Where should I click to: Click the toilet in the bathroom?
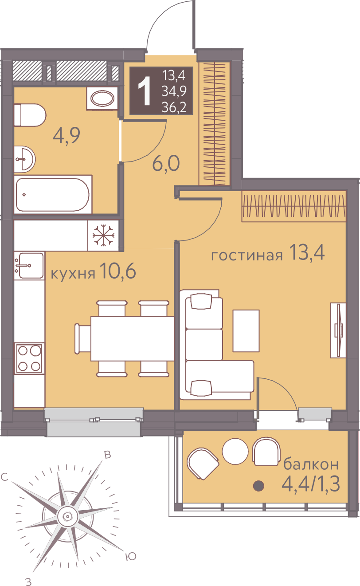coord(30,115)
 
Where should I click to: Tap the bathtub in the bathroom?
coord(53,195)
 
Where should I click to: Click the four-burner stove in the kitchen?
coord(29,358)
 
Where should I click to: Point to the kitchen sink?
coord(29,266)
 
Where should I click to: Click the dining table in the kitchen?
coord(132,338)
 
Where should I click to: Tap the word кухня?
coord(73,274)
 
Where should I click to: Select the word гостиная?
coord(247,255)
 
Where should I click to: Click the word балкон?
coord(311,471)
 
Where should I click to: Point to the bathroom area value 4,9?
coord(67,135)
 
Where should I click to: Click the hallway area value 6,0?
coord(166,164)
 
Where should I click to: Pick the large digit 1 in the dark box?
coord(144,91)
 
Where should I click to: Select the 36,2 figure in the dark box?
coord(174,107)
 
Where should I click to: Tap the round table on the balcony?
coord(235,451)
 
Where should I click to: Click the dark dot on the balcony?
coord(258,486)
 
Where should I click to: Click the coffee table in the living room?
coord(246,330)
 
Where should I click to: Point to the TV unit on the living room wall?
coord(338,330)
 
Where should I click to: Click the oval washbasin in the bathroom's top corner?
coord(102,98)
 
